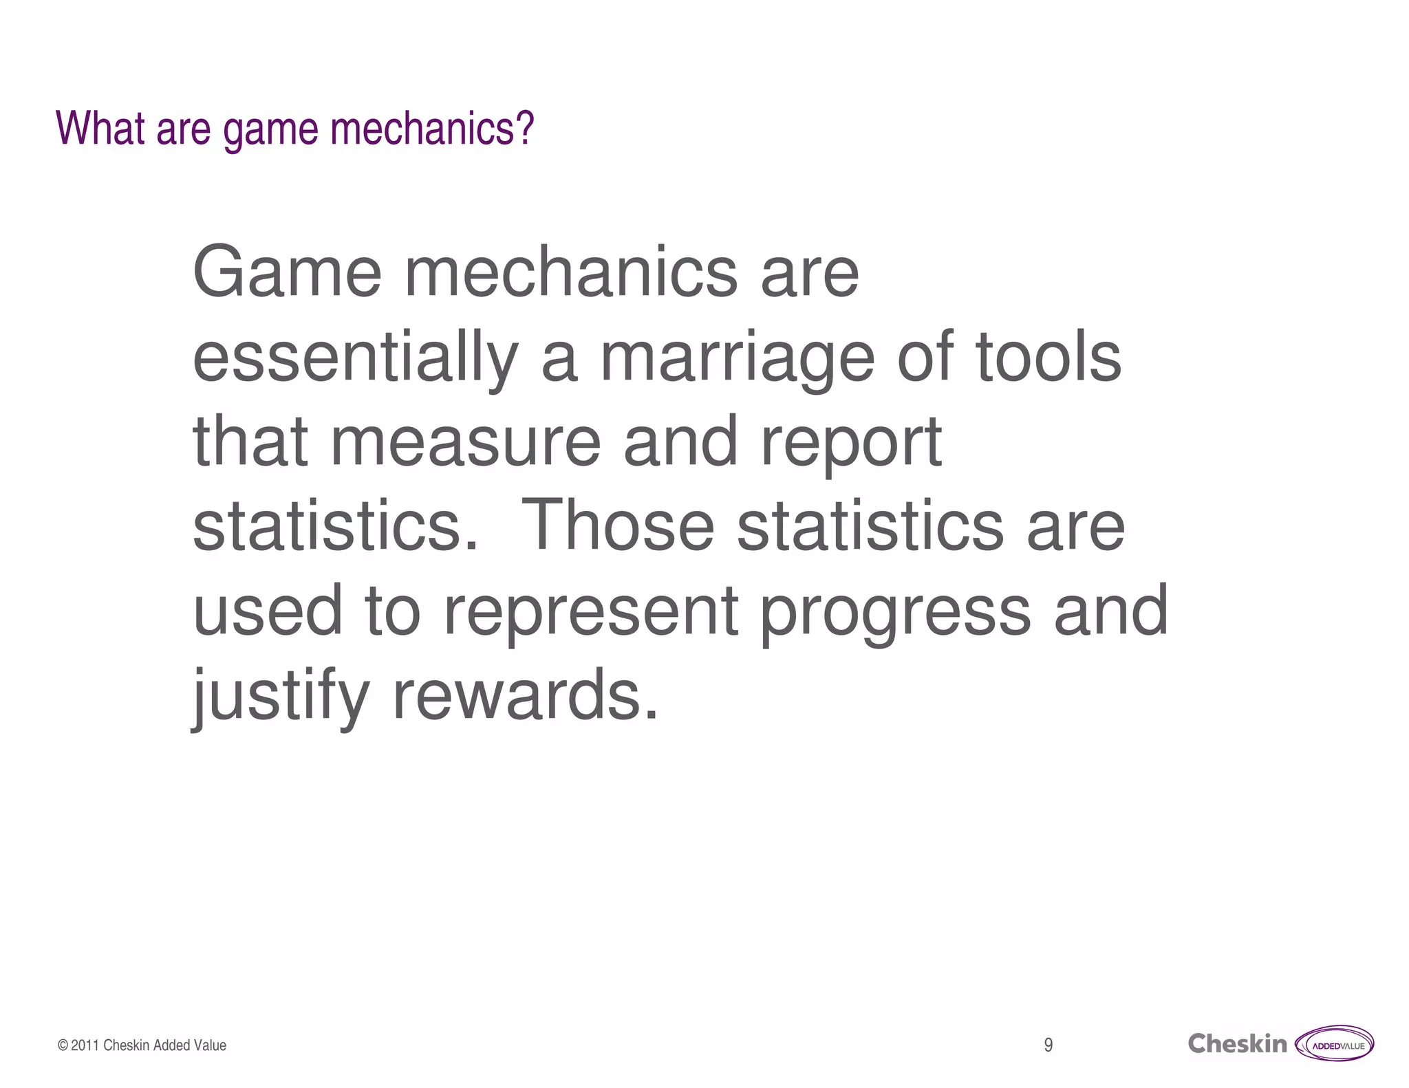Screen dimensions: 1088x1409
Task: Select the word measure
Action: pyautogui.click(x=466, y=442)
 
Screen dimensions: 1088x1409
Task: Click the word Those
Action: pyautogui.click(x=618, y=527)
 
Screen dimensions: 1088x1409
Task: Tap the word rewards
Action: pyautogui.click(x=525, y=695)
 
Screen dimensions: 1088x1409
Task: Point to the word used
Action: pyautogui.click(x=268, y=611)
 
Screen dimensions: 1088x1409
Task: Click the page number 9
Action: pyautogui.click(x=1048, y=1045)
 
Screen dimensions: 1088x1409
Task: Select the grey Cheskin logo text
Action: pyautogui.click(x=1237, y=1044)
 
